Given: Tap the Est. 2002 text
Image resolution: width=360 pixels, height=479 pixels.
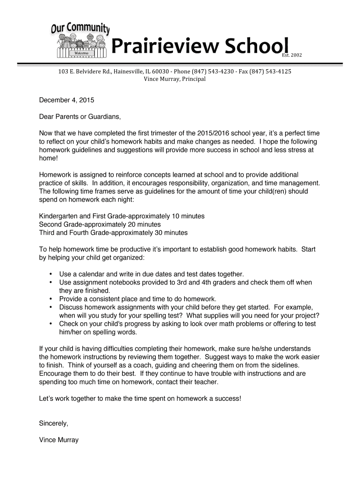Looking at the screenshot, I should tap(292, 55).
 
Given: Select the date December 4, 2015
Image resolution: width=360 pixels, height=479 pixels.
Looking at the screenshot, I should tap(66, 100).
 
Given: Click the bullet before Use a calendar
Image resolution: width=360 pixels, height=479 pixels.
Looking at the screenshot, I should tap(50, 274).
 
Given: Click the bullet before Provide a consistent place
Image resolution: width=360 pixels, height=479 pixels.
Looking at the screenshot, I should tap(50, 299).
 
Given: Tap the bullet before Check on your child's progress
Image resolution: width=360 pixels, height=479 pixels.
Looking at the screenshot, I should tap(50, 324).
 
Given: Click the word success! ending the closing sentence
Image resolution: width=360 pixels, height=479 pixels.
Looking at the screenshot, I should tap(228, 399).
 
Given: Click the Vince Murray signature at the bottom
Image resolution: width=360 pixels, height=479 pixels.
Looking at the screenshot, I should tap(59, 440).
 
